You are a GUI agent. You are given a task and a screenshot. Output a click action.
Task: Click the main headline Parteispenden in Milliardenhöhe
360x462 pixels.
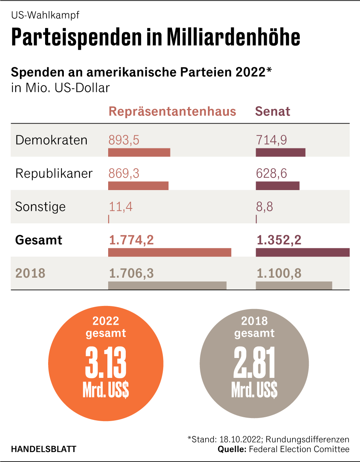point(156,37)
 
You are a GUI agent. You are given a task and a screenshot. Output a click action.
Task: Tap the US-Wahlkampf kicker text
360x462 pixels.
point(45,15)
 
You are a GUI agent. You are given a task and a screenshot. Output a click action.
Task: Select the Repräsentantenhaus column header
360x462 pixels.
point(172,111)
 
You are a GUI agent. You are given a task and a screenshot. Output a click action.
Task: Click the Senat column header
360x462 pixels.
point(272,111)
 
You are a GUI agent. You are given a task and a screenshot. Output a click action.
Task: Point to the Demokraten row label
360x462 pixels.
point(51,140)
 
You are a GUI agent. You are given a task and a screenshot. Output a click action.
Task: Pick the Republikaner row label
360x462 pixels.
point(54,173)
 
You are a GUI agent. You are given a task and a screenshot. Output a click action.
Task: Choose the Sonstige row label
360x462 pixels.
point(40,207)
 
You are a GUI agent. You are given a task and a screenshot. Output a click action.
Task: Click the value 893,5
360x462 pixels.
point(124,140)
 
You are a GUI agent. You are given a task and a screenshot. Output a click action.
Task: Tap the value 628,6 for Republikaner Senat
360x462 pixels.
point(271,173)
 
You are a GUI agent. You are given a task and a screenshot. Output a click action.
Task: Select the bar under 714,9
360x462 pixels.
point(280,153)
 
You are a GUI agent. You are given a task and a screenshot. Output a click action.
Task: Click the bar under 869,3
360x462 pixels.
point(138,186)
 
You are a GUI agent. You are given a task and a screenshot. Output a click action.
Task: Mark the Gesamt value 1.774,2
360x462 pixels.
point(131,240)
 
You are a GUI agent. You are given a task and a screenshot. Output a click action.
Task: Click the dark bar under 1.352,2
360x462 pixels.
point(302,252)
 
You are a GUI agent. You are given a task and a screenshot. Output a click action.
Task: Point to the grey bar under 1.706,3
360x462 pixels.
point(167,286)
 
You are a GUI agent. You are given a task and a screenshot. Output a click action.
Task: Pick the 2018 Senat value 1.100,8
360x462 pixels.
point(279,273)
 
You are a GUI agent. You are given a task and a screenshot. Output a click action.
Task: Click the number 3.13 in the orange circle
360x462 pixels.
point(105,363)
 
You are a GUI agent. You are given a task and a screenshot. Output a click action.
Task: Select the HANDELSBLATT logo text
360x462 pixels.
point(44,449)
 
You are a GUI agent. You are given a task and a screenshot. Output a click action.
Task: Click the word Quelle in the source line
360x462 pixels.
point(232,449)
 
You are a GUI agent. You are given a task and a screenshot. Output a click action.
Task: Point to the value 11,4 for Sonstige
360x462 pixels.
point(121,207)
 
